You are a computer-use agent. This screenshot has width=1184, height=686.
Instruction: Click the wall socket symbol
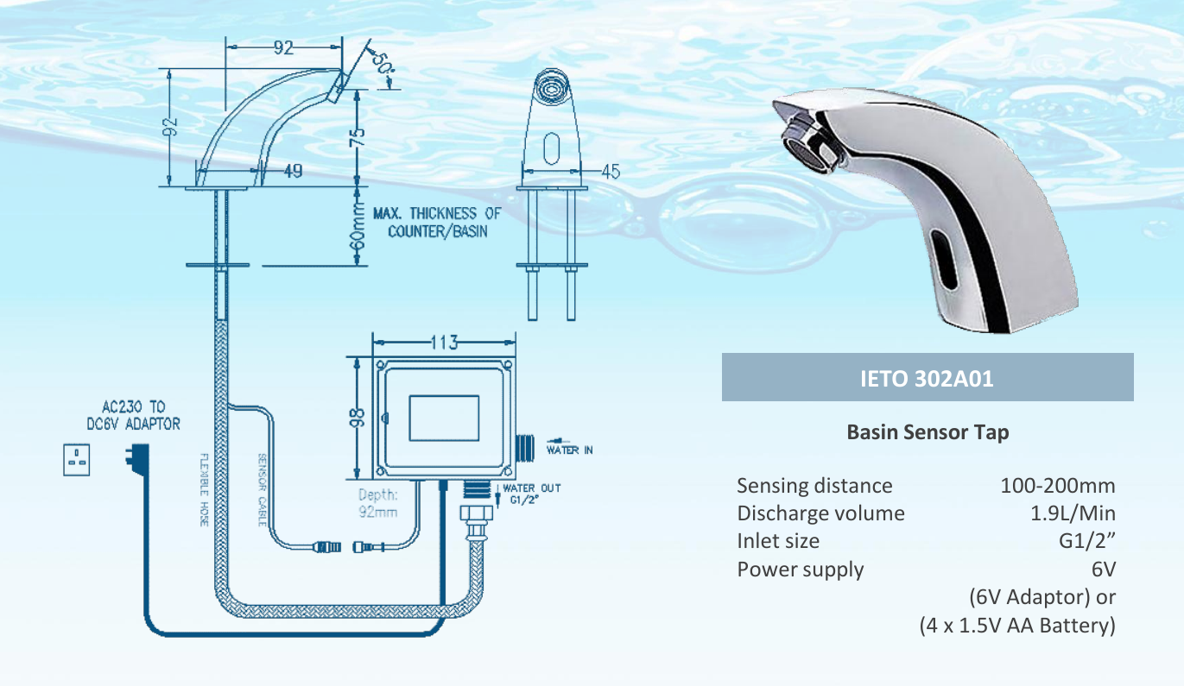click(77, 461)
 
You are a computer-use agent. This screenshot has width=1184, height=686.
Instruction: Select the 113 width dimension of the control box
click(442, 341)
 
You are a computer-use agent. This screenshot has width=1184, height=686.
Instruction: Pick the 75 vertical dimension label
click(357, 137)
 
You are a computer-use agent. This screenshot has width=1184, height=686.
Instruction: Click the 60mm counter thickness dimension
click(357, 226)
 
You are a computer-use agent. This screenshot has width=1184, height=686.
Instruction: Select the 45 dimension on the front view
click(610, 171)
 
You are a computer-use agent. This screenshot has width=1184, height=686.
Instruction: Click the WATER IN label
click(569, 450)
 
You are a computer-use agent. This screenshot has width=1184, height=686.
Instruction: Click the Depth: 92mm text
click(378, 503)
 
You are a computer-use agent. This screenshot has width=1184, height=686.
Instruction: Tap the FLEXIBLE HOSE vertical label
click(205, 489)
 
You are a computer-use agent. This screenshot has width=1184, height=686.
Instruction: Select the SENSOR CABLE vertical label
click(262, 489)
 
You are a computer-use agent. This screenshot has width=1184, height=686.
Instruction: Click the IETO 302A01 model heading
click(927, 378)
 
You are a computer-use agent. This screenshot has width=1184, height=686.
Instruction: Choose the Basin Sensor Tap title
click(927, 432)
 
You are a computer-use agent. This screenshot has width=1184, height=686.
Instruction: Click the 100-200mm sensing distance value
click(1057, 486)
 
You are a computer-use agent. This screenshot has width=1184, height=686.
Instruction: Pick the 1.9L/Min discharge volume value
click(1073, 513)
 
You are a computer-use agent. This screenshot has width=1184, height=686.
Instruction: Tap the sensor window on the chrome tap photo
click(946, 264)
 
